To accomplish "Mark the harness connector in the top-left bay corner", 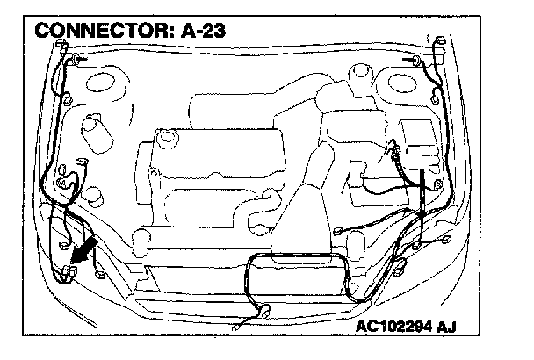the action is coord(74,60).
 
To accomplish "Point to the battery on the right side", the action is coord(416,140).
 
